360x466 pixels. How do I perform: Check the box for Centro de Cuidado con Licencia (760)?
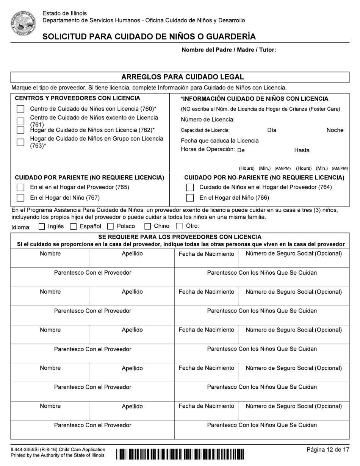[x=20, y=109]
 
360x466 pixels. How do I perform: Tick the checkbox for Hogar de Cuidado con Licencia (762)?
[x=20, y=130]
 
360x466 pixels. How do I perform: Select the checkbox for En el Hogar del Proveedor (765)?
[x=20, y=187]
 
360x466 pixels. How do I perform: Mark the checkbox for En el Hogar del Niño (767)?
[x=20, y=197]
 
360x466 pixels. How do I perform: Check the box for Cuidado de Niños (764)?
[x=190, y=187]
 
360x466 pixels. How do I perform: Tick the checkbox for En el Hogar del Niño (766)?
[x=190, y=197]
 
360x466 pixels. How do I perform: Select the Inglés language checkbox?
[x=42, y=227]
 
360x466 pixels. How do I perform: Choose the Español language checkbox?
[x=74, y=227]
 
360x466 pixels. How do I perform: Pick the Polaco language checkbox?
[x=111, y=227]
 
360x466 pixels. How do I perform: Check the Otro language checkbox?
[x=180, y=227]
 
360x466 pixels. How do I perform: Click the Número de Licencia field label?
[x=208, y=120]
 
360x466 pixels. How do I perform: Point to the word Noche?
[x=335, y=130]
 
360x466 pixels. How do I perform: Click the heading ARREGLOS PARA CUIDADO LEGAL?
[x=182, y=77]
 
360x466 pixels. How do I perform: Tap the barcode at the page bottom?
[x=180, y=453]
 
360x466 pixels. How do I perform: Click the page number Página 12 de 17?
[x=328, y=450]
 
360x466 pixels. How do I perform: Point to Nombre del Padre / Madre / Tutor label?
[x=229, y=50]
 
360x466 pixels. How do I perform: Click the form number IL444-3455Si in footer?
[x=27, y=449]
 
